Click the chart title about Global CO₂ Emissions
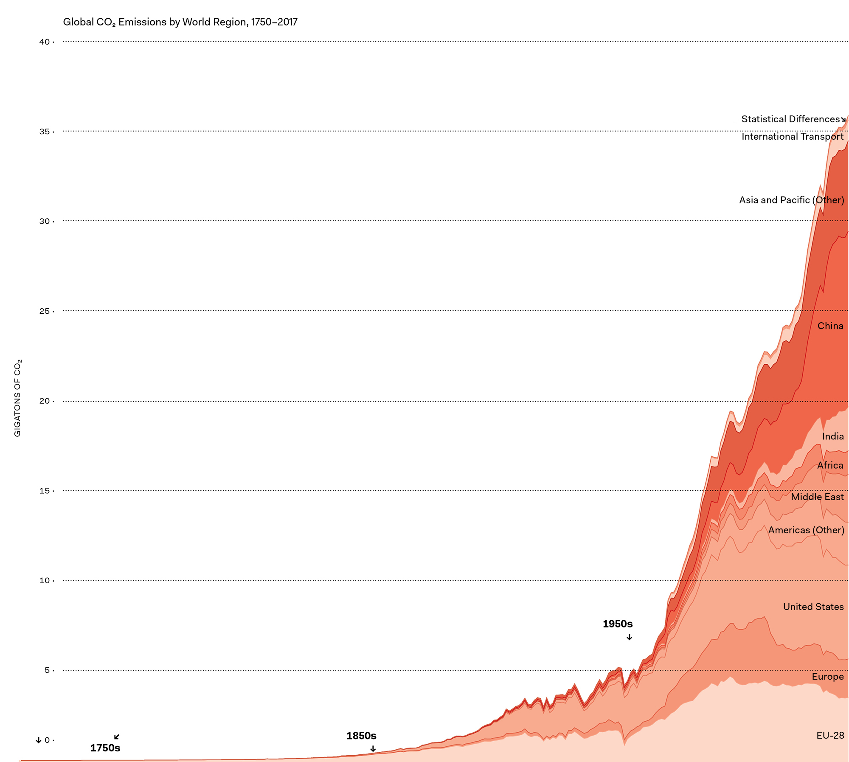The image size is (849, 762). tap(180, 22)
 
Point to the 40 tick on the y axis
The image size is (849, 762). tap(44, 42)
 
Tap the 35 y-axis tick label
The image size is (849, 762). tap(44, 132)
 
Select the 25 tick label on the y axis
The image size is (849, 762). tap(44, 311)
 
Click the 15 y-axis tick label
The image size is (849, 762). tap(44, 491)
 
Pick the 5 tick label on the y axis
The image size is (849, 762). tap(47, 670)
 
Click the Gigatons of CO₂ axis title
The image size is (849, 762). tap(17, 398)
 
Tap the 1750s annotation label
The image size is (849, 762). tap(105, 748)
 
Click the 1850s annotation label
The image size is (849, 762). tap(361, 736)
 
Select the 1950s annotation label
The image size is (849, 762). tap(618, 624)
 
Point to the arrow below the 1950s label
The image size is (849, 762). tap(630, 637)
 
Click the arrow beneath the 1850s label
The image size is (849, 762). tap(373, 749)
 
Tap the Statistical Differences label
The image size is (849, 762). tap(790, 119)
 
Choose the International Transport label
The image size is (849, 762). tap(793, 136)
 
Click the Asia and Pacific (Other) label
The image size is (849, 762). tap(791, 200)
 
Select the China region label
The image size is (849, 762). tap(830, 326)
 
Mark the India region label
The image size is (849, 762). tap(833, 436)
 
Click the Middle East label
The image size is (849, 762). tap(817, 497)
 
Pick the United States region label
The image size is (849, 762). tap(813, 607)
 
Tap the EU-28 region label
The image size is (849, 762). tap(830, 735)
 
